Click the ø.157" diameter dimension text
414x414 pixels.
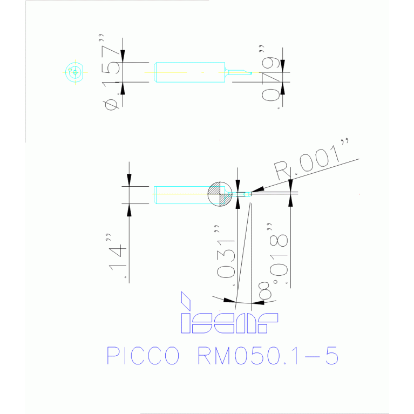[x=112, y=76]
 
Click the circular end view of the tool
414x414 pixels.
[x=74, y=72]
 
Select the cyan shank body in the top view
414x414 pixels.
[x=189, y=72]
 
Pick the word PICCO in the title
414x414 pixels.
[x=142, y=356]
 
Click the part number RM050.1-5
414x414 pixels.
[x=268, y=356]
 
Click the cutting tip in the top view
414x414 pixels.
[x=240, y=72]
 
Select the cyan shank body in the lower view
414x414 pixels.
[x=181, y=194]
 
